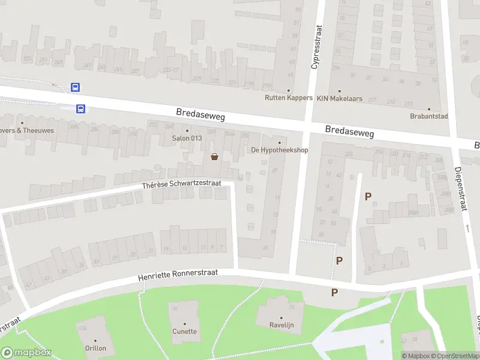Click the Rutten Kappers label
tap(289, 98)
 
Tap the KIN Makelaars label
tap(340, 98)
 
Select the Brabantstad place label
tap(430, 116)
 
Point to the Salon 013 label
tap(187, 139)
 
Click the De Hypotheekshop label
tap(280, 150)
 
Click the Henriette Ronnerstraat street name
tap(177, 275)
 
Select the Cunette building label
tap(185, 331)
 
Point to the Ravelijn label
tap(281, 325)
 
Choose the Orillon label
tap(95, 348)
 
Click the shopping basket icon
tap(214, 157)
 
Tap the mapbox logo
tap(26, 353)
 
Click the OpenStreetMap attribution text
tap(456, 356)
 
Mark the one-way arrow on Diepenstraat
tap(467, 228)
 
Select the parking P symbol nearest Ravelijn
tap(335, 292)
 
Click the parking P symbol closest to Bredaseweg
tap(368, 196)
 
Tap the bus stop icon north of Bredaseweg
tap(76, 87)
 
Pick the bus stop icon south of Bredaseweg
tap(80, 109)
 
